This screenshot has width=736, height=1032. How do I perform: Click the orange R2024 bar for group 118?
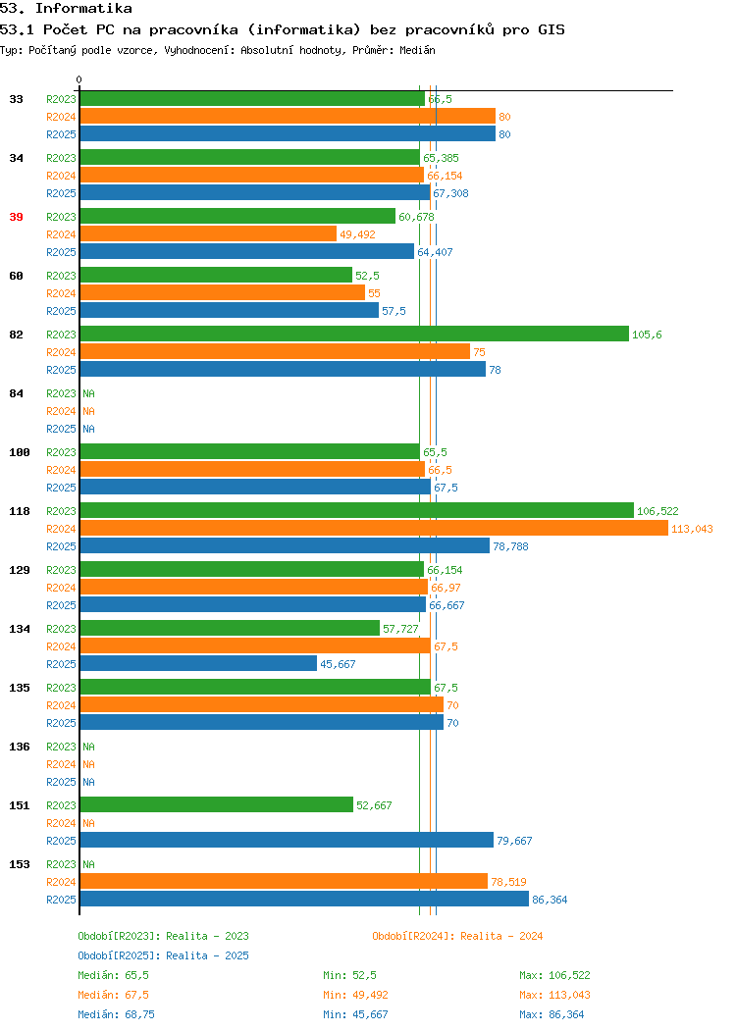[374, 529]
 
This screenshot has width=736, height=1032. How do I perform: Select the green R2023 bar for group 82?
[354, 335]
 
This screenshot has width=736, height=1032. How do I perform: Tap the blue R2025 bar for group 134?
[198, 664]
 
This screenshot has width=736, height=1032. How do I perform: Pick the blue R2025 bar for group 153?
[304, 900]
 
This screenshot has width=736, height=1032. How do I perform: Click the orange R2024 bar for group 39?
[208, 234]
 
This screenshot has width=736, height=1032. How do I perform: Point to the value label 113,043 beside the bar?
[692, 529]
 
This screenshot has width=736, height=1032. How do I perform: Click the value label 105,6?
[647, 335]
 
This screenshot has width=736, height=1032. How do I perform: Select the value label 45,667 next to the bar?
[338, 665]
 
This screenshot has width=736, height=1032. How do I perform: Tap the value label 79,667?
[514, 841]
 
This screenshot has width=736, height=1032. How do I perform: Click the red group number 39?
[17, 217]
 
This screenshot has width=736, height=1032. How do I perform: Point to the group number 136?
[20, 747]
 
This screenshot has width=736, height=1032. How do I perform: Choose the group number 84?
[17, 393]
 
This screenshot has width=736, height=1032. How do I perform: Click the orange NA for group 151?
[89, 823]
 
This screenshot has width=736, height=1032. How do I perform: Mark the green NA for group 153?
[89, 864]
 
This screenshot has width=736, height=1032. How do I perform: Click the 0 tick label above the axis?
[79, 79]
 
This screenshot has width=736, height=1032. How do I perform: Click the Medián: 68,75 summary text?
[117, 1014]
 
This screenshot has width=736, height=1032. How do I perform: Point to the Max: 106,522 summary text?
[554, 975]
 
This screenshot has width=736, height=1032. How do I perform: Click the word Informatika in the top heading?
[83, 9]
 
